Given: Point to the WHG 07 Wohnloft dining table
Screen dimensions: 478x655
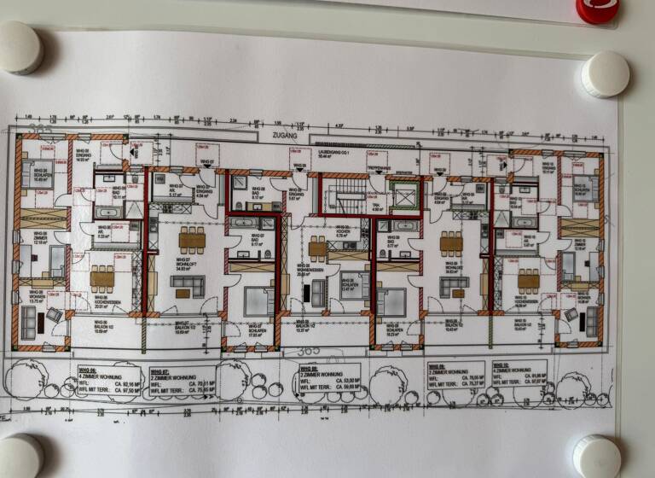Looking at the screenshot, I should point(192,242).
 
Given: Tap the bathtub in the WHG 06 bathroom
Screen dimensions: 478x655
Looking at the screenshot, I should point(109,211).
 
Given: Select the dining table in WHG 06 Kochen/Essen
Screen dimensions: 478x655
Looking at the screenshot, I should point(102,277).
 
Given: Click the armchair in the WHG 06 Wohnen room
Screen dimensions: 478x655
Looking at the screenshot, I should point(54,314).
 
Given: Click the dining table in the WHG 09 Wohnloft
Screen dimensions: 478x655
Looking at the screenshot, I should point(452,244).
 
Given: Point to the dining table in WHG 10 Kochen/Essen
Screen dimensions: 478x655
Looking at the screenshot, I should point(529,279).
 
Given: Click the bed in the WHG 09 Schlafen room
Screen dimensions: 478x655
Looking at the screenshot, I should point(391,301).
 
